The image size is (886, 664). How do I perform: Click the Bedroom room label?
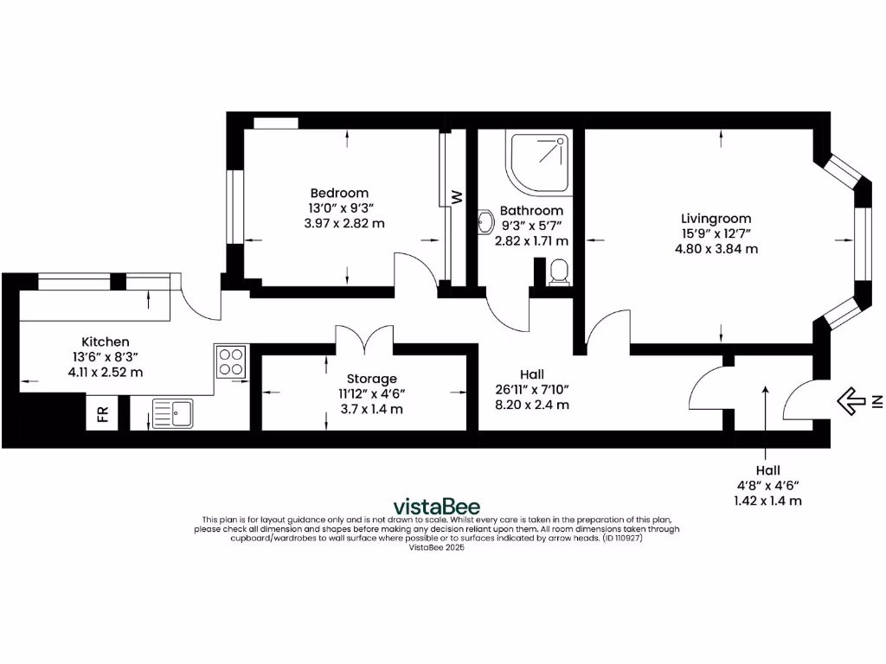click(339, 193)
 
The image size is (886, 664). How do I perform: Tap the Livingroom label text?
click(716, 219)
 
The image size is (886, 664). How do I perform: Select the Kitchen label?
click(106, 342)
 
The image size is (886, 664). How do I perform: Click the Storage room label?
click(372, 379)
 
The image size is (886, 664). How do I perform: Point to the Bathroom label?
click(531, 210)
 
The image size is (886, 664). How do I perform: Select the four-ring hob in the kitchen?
click(231, 361)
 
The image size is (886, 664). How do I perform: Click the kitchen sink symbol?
click(172, 412)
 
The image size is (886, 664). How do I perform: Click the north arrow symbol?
click(852, 399)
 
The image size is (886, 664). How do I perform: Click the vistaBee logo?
click(436, 507)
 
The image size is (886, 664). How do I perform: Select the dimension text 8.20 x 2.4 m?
click(532, 404)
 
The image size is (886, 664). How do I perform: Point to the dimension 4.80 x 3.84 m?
click(716, 248)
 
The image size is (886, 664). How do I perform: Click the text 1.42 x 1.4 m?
click(767, 500)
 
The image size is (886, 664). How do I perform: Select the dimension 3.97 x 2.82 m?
click(339, 223)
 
